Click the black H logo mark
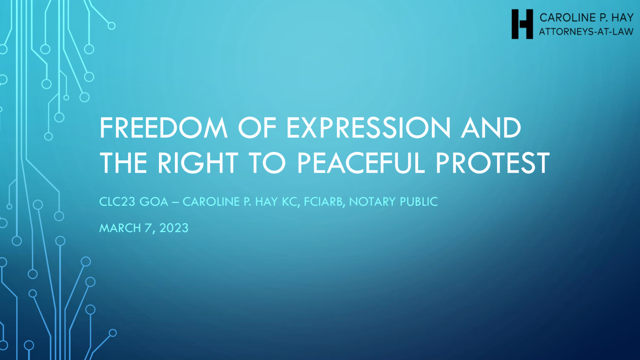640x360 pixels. pyautogui.click(x=522, y=24)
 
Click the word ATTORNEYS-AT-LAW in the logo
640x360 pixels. pyautogui.click(x=586, y=32)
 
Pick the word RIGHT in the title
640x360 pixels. pyautogui.click(x=198, y=163)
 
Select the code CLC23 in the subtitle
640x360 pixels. pyautogui.click(x=117, y=202)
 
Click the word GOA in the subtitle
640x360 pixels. pyautogui.click(x=154, y=202)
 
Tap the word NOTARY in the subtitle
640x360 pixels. pyautogui.click(x=372, y=202)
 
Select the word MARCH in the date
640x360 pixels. pyautogui.click(x=120, y=228)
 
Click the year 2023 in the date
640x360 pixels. pyautogui.click(x=174, y=228)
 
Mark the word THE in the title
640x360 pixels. pyautogui.click(x=124, y=163)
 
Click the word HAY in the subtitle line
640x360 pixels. pyautogui.click(x=266, y=202)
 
